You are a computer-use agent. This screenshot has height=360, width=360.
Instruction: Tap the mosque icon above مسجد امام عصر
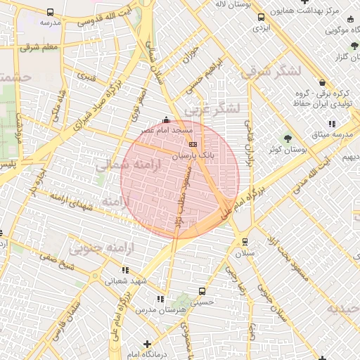tap(166, 120)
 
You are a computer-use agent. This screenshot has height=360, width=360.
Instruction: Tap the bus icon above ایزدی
tap(261, 18)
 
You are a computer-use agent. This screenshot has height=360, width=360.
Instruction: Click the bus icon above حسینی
tap(202, 290)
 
